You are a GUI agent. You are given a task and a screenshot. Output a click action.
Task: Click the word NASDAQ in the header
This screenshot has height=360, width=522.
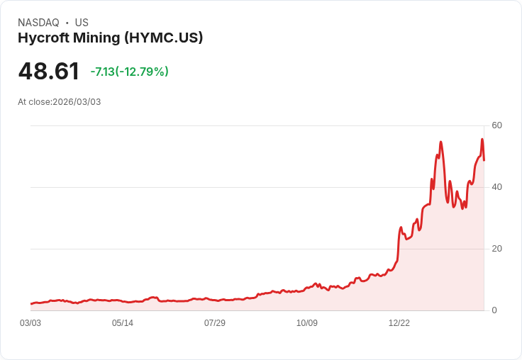[x=38, y=23]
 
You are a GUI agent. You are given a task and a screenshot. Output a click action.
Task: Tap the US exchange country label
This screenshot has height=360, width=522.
[x=82, y=23]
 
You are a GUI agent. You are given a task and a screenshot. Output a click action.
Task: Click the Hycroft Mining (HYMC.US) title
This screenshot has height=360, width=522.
[x=111, y=38]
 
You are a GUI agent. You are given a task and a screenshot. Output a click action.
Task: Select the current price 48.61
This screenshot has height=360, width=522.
[x=48, y=72]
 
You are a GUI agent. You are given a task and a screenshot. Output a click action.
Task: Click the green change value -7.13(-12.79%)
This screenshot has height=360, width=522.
[x=129, y=72]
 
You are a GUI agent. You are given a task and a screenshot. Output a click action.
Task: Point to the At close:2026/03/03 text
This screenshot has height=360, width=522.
[x=60, y=102]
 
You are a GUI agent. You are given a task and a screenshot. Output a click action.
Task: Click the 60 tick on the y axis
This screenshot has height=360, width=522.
[x=496, y=125]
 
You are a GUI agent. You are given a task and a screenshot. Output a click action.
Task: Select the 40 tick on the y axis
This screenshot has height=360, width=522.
[x=496, y=187]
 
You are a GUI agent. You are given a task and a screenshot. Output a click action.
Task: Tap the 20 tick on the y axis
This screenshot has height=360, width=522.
[x=496, y=249]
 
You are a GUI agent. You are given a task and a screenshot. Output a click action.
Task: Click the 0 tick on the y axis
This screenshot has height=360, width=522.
[x=494, y=310]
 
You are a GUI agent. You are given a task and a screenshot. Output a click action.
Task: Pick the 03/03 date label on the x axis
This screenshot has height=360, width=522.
[x=30, y=323]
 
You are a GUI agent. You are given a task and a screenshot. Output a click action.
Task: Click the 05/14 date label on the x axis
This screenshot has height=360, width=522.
[x=123, y=323]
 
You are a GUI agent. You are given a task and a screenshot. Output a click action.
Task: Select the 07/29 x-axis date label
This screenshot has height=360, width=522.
[x=215, y=323]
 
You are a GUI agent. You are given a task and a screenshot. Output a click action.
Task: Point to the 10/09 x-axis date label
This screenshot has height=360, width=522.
[x=307, y=323]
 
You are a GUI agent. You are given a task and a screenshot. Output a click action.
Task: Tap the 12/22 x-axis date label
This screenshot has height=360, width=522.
[x=399, y=323]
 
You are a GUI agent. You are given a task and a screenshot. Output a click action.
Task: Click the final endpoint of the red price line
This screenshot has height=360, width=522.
[x=484, y=160]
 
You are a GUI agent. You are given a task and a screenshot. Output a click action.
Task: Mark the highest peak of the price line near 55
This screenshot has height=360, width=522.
[x=482, y=140]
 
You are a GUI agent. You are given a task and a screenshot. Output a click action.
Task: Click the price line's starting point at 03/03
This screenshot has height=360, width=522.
[x=31, y=304]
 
